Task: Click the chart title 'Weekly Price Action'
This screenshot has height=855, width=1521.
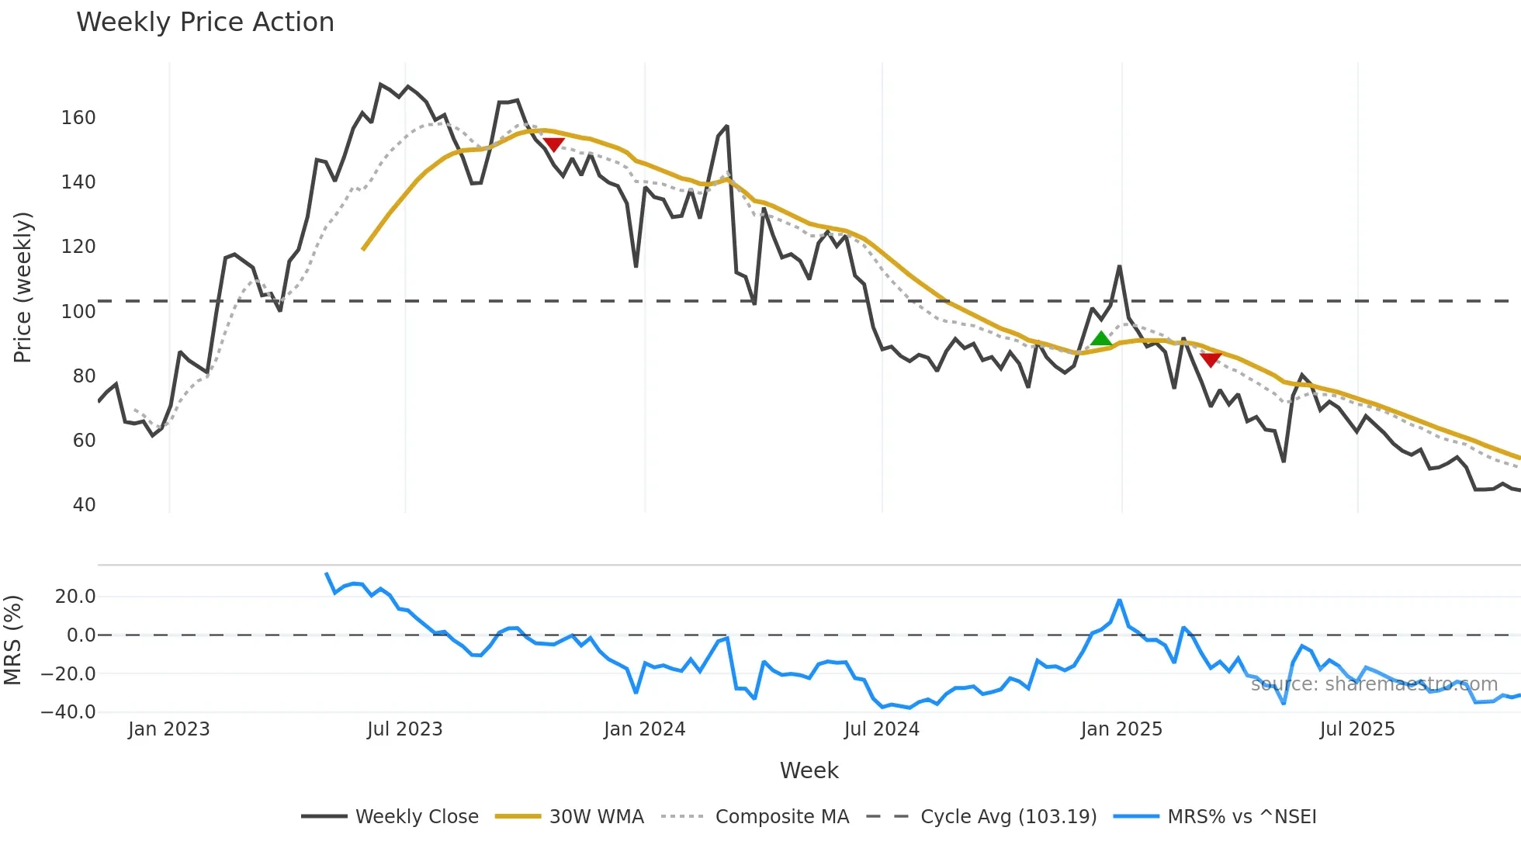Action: point(205,22)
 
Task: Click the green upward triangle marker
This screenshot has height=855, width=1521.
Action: point(1100,338)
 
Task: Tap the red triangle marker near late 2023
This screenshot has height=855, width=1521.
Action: point(553,144)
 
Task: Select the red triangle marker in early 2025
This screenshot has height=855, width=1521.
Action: point(1211,360)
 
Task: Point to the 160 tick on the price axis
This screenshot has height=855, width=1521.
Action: point(78,118)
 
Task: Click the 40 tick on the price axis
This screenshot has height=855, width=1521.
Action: point(84,505)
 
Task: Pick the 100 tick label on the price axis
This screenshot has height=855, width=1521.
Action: point(78,312)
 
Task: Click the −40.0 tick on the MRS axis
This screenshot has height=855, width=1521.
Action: point(69,712)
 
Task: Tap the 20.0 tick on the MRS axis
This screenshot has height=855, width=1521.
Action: point(74,597)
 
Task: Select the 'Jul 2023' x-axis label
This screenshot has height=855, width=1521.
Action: point(404,729)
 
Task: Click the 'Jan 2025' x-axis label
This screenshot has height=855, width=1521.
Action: point(1121,729)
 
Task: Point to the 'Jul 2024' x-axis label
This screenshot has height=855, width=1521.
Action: point(882,729)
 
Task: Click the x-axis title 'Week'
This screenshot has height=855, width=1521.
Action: point(809,770)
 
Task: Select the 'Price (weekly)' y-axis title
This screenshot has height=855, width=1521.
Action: point(23,287)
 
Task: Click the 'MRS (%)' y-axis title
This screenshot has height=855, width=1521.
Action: point(13,640)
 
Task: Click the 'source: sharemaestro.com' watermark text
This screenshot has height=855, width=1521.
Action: point(1374,684)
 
